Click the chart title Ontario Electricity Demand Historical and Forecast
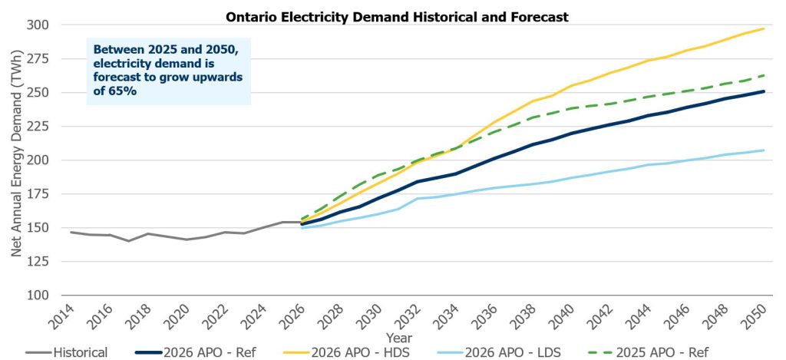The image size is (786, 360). [x=397, y=16]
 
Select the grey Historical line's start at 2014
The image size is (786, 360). [x=71, y=232]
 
